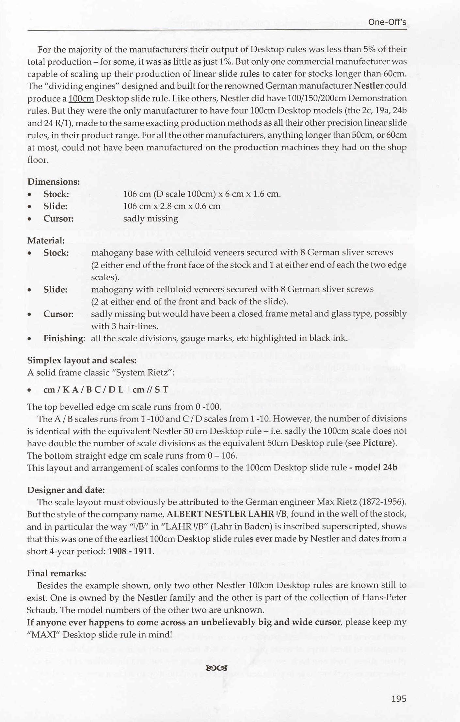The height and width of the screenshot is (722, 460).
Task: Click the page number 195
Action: point(399,699)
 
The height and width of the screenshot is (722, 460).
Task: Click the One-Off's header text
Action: point(387,22)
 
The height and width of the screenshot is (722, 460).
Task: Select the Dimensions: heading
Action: point(54,182)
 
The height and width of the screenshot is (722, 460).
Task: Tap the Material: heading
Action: point(46,240)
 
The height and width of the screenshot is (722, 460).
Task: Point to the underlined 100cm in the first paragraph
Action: point(81,99)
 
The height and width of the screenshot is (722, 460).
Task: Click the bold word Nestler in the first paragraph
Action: point(368,86)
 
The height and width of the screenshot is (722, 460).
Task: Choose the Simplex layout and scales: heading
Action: point(82,360)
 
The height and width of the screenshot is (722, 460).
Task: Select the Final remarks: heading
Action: point(57,573)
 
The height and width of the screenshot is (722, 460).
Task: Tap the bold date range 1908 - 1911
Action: point(130,551)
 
